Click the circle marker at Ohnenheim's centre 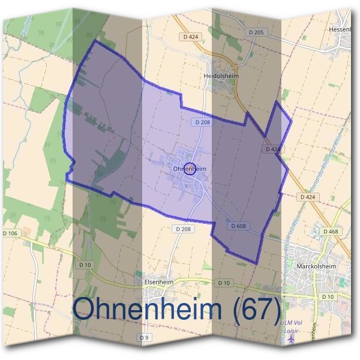point(190,169)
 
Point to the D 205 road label point(255,32)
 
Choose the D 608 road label point(239,226)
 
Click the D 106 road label point(11,233)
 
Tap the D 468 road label point(331,231)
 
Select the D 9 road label point(144,338)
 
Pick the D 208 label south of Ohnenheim point(184,229)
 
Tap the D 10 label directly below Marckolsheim point(327,297)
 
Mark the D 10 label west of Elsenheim point(85,264)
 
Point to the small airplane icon point(292,340)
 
